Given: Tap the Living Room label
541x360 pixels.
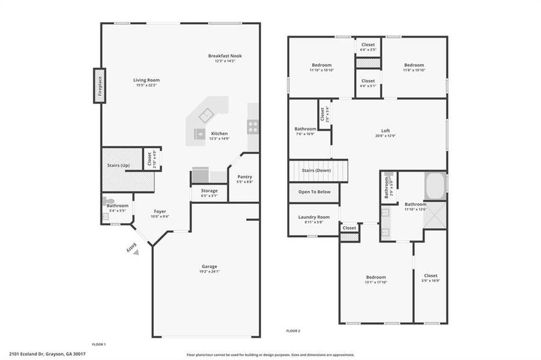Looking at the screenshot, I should (x=146, y=80).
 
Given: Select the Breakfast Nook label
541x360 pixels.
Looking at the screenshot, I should (x=225, y=56).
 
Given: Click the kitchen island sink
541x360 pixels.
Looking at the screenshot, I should (x=208, y=113).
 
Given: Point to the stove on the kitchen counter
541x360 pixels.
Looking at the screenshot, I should (x=253, y=127).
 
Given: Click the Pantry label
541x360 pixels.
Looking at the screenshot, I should (x=244, y=176).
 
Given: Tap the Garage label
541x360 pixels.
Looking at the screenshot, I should (x=209, y=266).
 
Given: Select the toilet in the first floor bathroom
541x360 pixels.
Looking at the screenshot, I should (x=109, y=201).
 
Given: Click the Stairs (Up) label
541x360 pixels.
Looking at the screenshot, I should (x=118, y=165).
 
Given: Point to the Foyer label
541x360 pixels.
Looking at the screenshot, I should (x=160, y=211).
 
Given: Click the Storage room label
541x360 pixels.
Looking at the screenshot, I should (x=205, y=191).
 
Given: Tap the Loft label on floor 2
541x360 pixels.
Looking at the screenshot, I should (x=385, y=131).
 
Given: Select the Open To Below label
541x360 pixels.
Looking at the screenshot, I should (x=314, y=192).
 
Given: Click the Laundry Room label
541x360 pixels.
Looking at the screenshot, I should (x=314, y=217).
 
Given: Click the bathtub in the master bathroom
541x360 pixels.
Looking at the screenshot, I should (x=435, y=185).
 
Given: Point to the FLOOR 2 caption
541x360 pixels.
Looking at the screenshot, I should (x=292, y=331).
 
